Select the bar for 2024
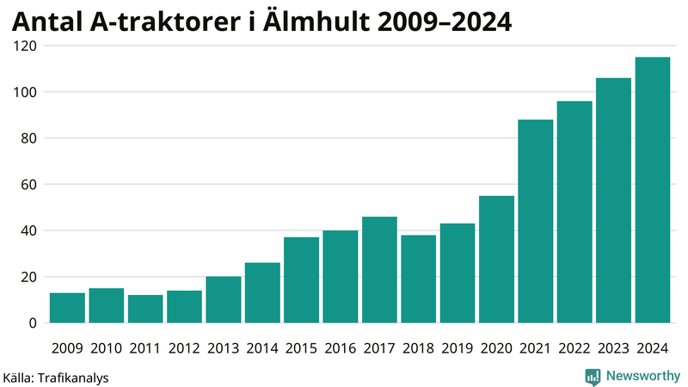652,190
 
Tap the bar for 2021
535,221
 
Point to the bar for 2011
145,309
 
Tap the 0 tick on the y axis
32,323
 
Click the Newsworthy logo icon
593,376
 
